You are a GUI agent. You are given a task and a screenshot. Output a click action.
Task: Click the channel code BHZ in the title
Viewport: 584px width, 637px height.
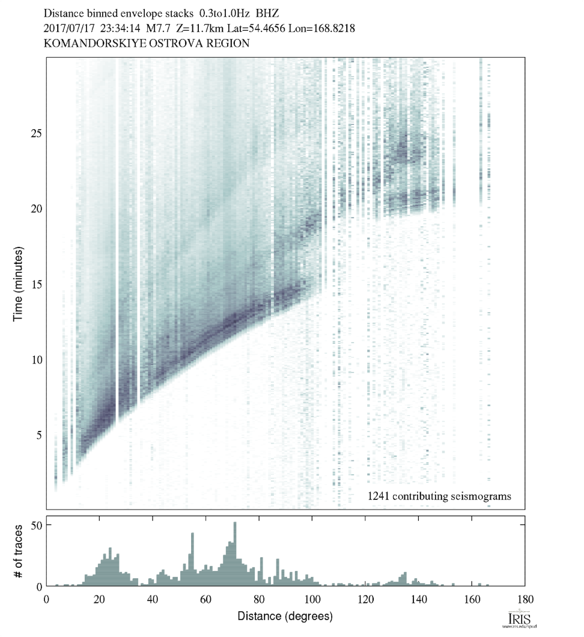268,12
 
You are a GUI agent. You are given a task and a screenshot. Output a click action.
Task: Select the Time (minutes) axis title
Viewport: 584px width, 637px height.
19,283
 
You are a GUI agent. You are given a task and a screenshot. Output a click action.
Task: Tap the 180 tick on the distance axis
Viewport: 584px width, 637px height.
525,599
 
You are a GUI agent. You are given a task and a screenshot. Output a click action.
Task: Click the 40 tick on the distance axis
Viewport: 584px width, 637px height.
153,599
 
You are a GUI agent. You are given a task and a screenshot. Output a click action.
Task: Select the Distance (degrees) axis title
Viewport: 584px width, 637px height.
285,616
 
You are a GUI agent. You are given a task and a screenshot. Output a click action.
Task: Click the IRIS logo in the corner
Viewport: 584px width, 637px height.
518,620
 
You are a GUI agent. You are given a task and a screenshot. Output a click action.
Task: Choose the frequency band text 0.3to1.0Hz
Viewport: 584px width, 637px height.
226,12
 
